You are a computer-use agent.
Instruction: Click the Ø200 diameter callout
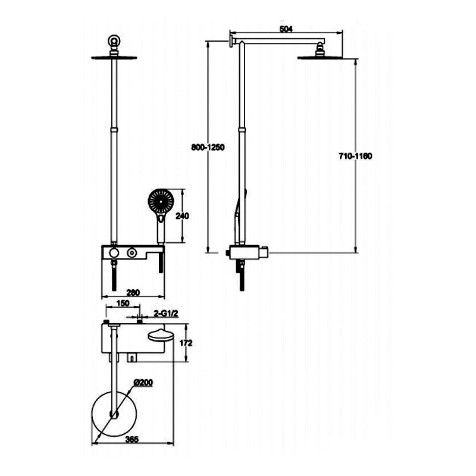(x=145, y=382)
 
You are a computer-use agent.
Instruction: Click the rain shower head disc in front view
(x=114, y=57)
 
